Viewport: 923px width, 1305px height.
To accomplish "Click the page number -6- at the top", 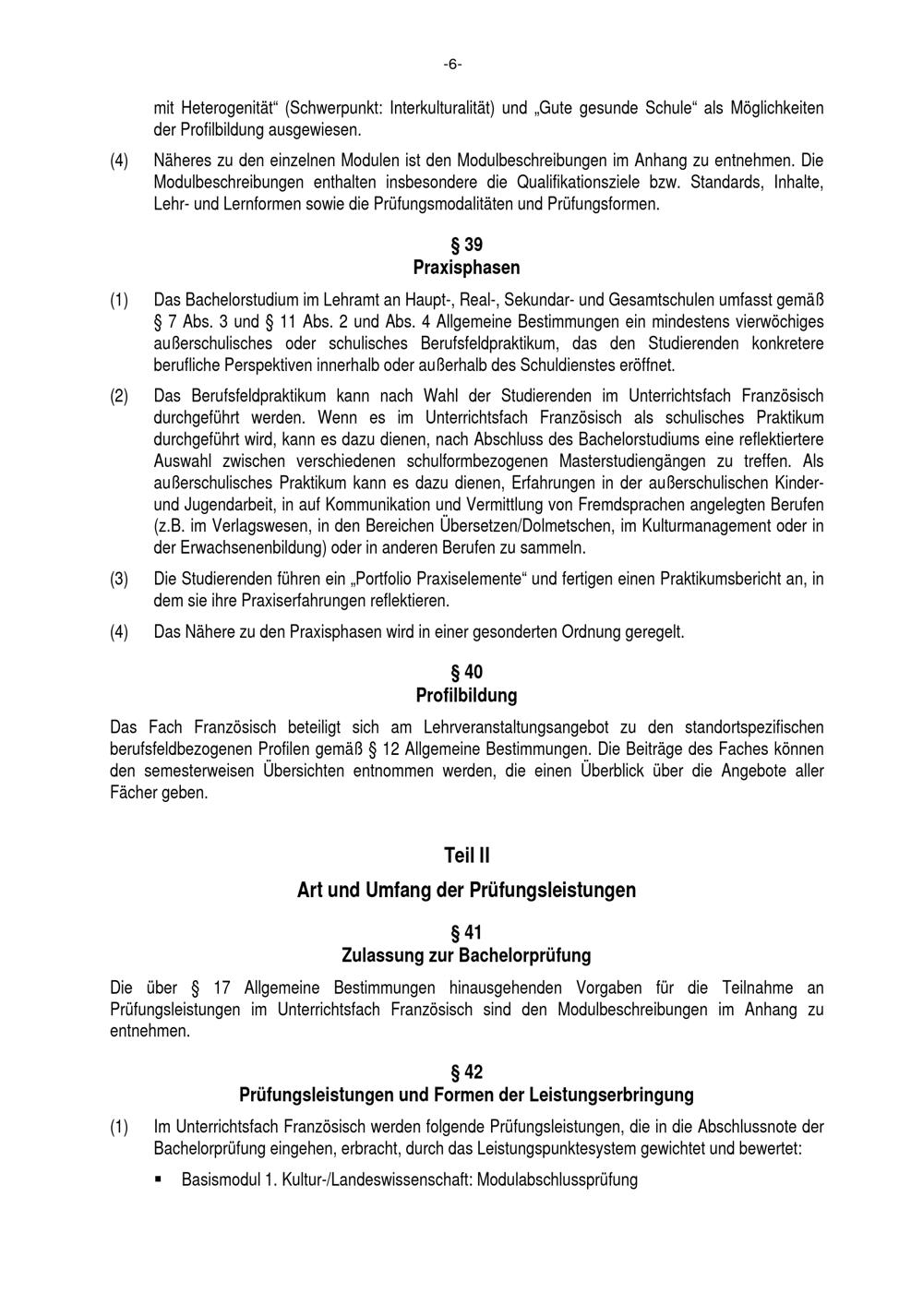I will pyautogui.click(x=452, y=64).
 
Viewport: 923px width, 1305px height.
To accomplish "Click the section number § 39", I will pyautogui.click(x=466, y=245).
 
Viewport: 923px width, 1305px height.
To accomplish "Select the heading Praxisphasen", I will pyautogui.click(x=466, y=268).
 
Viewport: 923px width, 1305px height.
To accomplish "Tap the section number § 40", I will pyautogui.click(x=466, y=672).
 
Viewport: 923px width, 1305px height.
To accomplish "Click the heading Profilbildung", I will pyautogui.click(x=466, y=695).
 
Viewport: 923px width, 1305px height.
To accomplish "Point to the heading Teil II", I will pyautogui.click(x=466, y=856).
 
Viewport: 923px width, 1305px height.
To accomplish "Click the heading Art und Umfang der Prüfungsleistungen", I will pyautogui.click(x=466, y=890).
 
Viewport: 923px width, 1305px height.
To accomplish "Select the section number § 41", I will pyautogui.click(x=466, y=933).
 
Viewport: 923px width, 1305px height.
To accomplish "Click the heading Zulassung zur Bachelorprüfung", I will pyautogui.click(x=466, y=955).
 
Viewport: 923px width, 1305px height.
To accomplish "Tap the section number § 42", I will pyautogui.click(x=466, y=1072).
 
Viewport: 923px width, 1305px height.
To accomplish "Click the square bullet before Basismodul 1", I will pyautogui.click(x=160, y=1179).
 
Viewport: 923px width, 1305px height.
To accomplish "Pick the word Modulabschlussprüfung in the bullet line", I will pyautogui.click(x=557, y=1179).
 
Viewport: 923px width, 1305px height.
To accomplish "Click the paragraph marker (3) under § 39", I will pyautogui.click(x=119, y=579).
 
